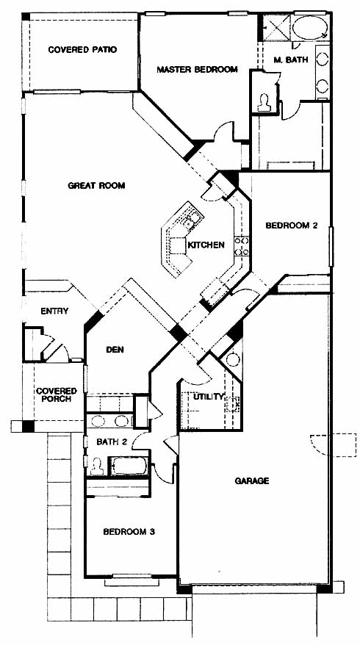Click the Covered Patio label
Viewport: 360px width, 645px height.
pos(82,50)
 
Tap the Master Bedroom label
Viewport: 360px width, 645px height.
pos(197,69)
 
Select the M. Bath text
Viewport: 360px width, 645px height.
pos(290,60)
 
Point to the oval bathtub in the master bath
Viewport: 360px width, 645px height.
pos(310,29)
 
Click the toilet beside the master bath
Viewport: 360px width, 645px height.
pos(263,103)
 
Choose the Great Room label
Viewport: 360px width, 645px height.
pos(96,186)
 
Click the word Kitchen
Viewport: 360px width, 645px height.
pos(206,245)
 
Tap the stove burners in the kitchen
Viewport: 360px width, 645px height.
pos(242,245)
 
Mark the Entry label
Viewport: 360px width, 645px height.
pos(54,311)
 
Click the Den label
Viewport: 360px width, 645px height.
pos(115,350)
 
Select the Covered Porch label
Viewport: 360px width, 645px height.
pos(57,394)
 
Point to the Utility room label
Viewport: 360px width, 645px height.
pos(209,397)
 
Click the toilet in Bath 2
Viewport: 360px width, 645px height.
pos(97,466)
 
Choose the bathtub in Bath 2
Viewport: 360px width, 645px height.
pos(129,466)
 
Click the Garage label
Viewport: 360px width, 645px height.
pos(252,480)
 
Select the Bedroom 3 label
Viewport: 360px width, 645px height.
pos(129,531)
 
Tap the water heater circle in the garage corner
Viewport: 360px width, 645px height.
pos(233,359)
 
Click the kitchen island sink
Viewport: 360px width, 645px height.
pos(192,220)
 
